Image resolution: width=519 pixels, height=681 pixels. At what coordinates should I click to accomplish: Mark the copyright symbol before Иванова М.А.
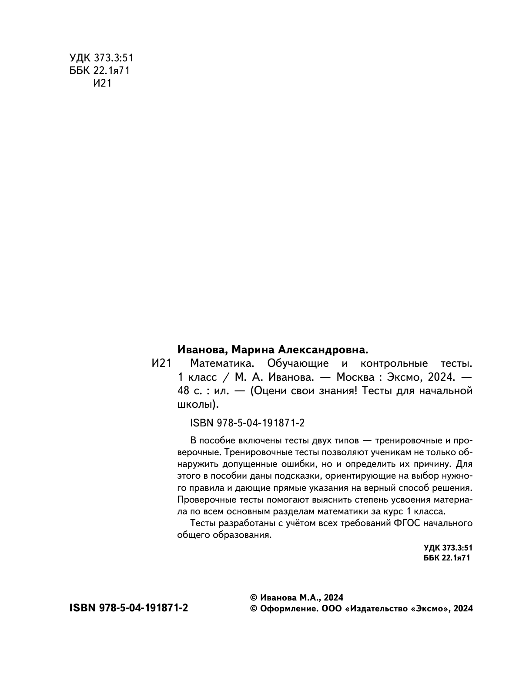(x=254, y=597)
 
